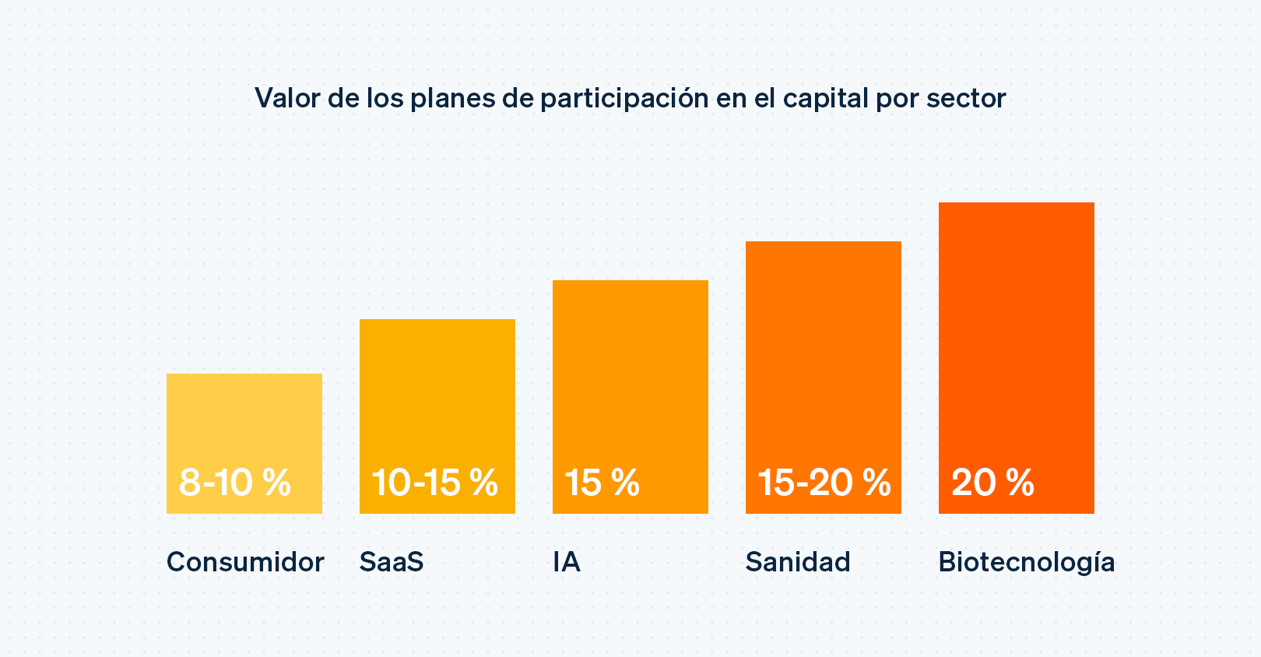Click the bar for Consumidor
point(244,420)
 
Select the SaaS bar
point(437,389)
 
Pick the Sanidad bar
point(824,350)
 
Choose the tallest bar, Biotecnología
point(1017,327)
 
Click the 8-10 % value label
point(235,483)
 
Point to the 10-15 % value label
point(434,483)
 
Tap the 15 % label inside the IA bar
point(602,483)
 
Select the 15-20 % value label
point(824,483)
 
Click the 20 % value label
point(992,483)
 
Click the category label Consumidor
point(245,562)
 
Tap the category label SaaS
point(392,562)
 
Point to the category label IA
point(567,562)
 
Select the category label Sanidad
point(798,562)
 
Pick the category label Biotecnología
point(1026,563)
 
